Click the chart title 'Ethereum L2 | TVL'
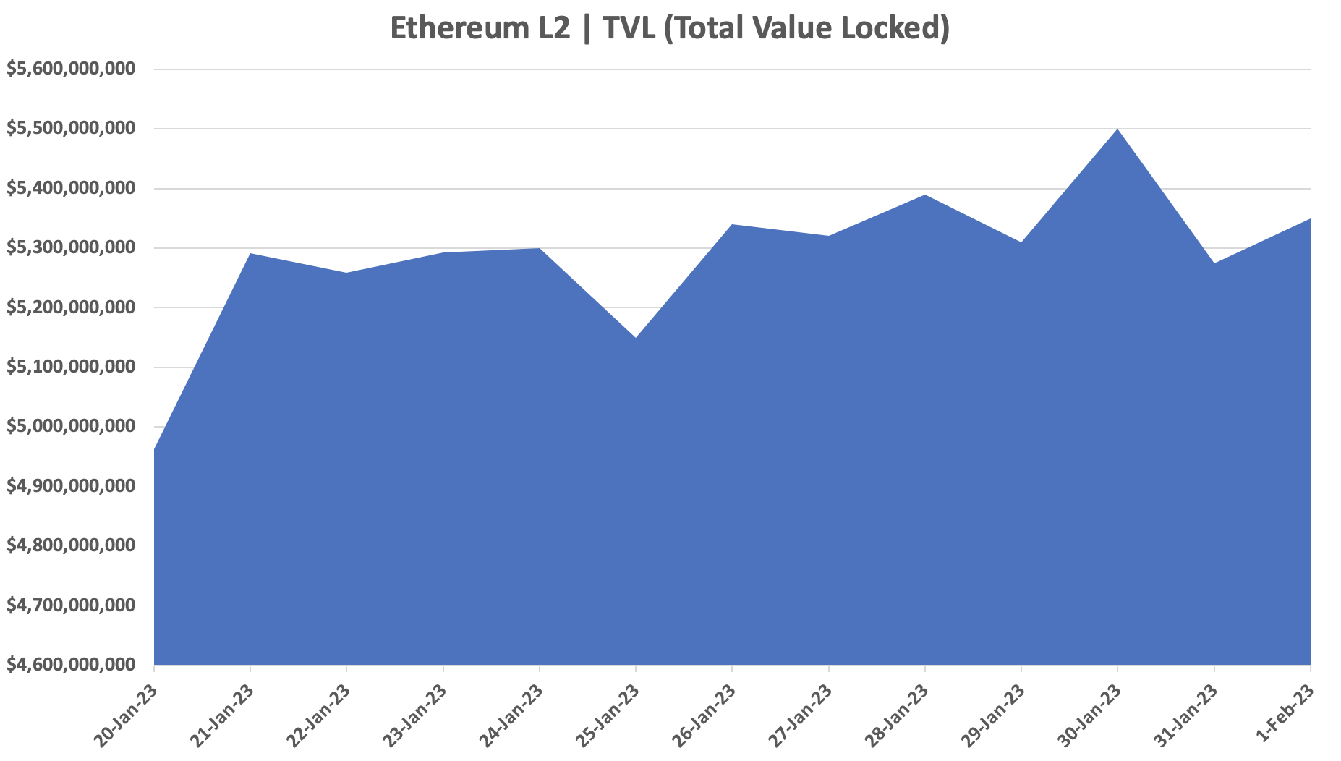(669, 28)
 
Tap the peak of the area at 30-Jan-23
(1117, 129)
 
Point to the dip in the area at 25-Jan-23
(636, 338)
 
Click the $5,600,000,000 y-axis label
(70, 69)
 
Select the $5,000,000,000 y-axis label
(70, 426)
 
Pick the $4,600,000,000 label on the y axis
(70, 664)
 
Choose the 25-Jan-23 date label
(608, 714)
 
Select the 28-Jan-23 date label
(897, 714)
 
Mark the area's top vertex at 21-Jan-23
(250, 254)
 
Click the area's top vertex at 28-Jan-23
(925, 195)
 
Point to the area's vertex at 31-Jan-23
(1214, 263)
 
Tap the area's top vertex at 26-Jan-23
(732, 225)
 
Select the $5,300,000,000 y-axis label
(70, 247)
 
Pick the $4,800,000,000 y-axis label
(70, 545)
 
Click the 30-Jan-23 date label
(1089, 714)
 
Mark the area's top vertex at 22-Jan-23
(346, 273)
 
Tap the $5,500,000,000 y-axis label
(70, 128)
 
